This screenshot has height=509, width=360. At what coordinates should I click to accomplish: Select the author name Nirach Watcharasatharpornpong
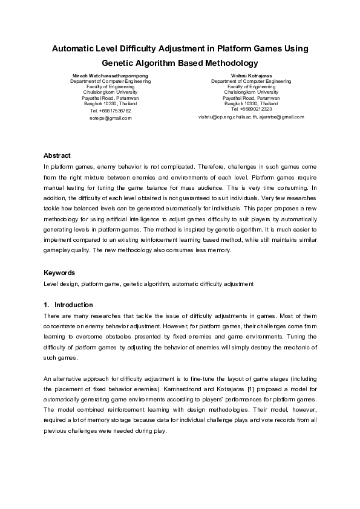[x=110, y=76]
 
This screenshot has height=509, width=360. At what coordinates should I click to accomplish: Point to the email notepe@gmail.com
[x=110, y=118]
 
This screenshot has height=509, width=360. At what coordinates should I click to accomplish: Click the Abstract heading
[x=57, y=155]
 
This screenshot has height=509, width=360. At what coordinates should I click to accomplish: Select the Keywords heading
[x=59, y=273]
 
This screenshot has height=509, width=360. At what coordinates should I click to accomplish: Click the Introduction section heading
[x=73, y=305]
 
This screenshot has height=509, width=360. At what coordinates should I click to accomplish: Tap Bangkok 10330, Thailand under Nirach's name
[x=110, y=103]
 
